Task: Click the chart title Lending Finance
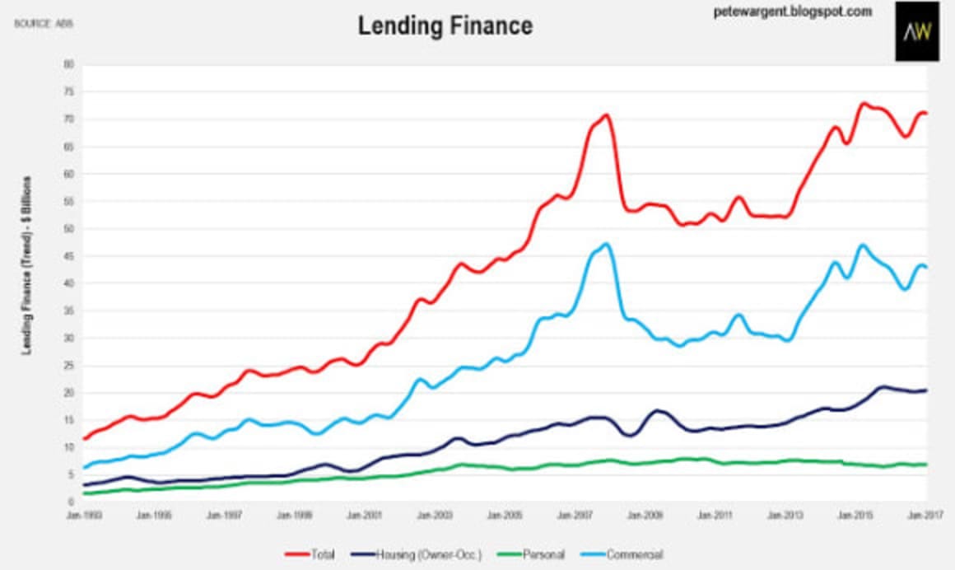click(445, 26)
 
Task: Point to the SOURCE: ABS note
click(44, 24)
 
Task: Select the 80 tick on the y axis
click(68, 64)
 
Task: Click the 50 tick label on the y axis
click(68, 228)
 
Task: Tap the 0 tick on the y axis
click(71, 502)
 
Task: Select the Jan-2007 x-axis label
click(575, 516)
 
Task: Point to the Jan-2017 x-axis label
click(926, 516)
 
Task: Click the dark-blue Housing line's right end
click(926, 390)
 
